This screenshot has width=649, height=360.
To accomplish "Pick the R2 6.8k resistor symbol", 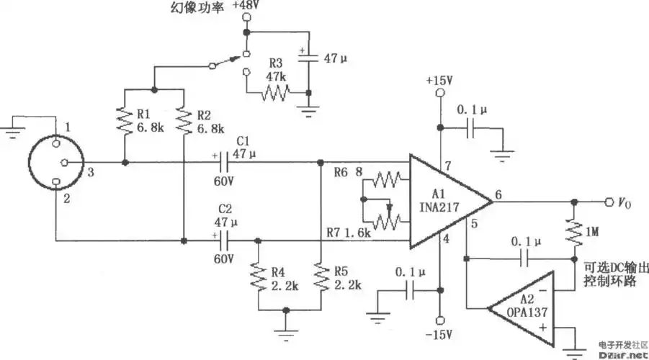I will [184, 122].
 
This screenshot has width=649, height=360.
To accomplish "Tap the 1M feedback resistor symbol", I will [576, 232].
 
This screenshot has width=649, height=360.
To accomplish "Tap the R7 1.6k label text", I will [349, 234].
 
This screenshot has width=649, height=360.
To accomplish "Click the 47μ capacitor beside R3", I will [308, 58].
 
